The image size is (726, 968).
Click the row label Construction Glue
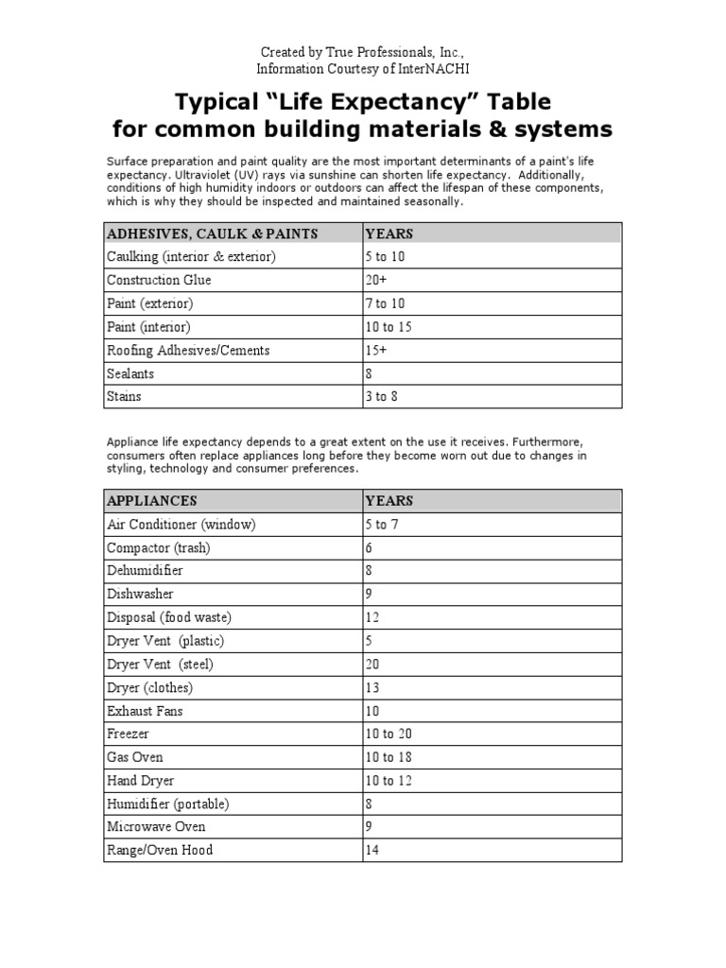pos(159,280)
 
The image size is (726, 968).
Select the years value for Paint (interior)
pos(389,327)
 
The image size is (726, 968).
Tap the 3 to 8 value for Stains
pos(381,396)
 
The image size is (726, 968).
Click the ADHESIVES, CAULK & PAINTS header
pos(212,233)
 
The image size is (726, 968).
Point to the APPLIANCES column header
pos(151,500)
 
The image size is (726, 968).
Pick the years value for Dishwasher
pos(370,594)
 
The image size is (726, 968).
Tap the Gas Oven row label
pos(135,757)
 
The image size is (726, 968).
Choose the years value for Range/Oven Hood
pos(372,850)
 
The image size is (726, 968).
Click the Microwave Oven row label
pos(156,826)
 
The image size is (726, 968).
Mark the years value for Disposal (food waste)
pos(372,617)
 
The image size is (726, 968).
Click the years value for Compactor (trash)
pos(370,547)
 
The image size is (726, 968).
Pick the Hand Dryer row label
pos(141,780)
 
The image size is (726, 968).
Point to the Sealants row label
pos(130,373)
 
